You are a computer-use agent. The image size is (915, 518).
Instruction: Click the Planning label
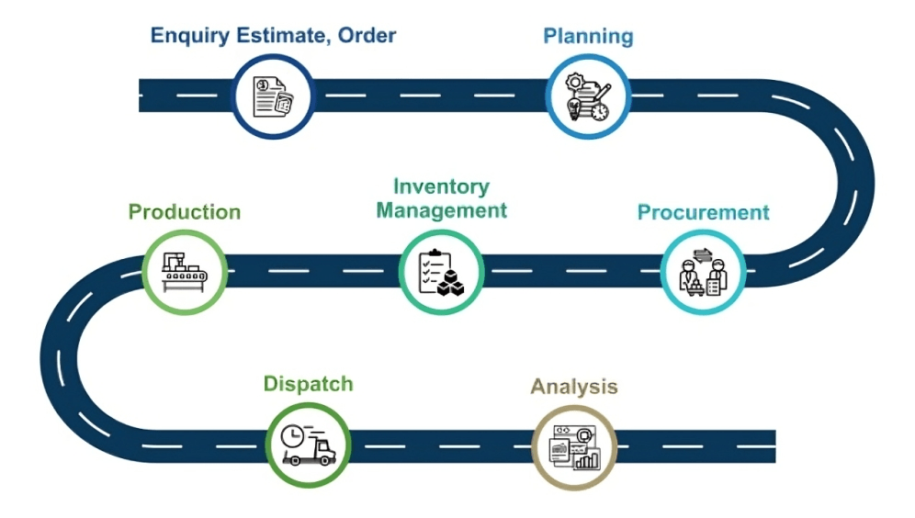click(588, 37)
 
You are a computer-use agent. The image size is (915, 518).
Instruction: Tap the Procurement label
click(703, 212)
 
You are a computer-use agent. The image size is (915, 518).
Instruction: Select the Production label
click(184, 212)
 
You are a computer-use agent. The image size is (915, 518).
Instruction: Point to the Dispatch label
click(308, 384)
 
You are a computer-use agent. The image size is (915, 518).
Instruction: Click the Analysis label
click(573, 386)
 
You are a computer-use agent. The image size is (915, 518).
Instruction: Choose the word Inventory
click(441, 186)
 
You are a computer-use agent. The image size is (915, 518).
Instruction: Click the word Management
click(441, 210)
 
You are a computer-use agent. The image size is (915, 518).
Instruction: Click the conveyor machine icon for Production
click(184, 271)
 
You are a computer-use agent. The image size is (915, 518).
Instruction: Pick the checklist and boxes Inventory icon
click(441, 272)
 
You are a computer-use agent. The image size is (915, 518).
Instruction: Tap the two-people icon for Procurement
click(703, 272)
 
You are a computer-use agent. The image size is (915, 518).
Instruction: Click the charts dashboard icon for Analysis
click(573, 446)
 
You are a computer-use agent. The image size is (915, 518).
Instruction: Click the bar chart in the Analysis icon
click(586, 458)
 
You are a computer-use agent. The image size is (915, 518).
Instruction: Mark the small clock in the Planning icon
click(599, 112)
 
